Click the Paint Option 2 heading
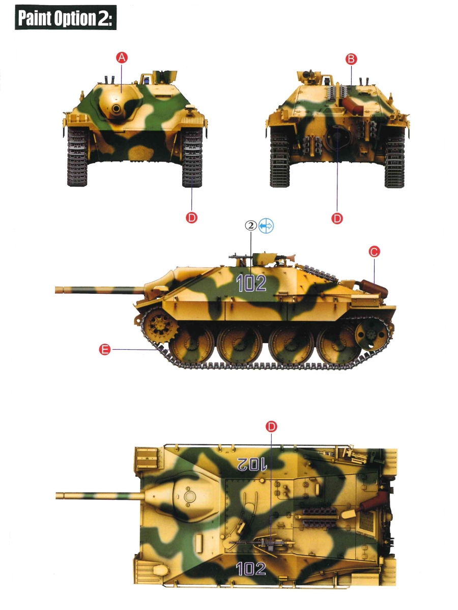[66, 18]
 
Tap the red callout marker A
[122, 58]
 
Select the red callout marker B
[351, 59]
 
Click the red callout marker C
[374, 252]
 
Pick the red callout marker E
[105, 349]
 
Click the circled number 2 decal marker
[251, 226]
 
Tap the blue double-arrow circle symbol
[266, 226]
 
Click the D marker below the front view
[192, 218]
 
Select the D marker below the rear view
[337, 219]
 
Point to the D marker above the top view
[271, 426]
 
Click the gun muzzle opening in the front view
[116, 108]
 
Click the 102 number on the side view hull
[251, 284]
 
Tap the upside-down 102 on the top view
[252, 464]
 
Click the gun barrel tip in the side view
[56, 290]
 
